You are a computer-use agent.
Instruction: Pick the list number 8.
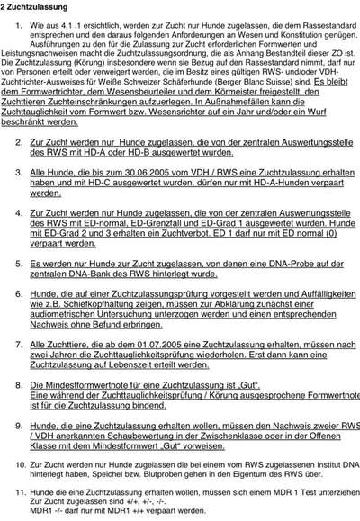(19, 384)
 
